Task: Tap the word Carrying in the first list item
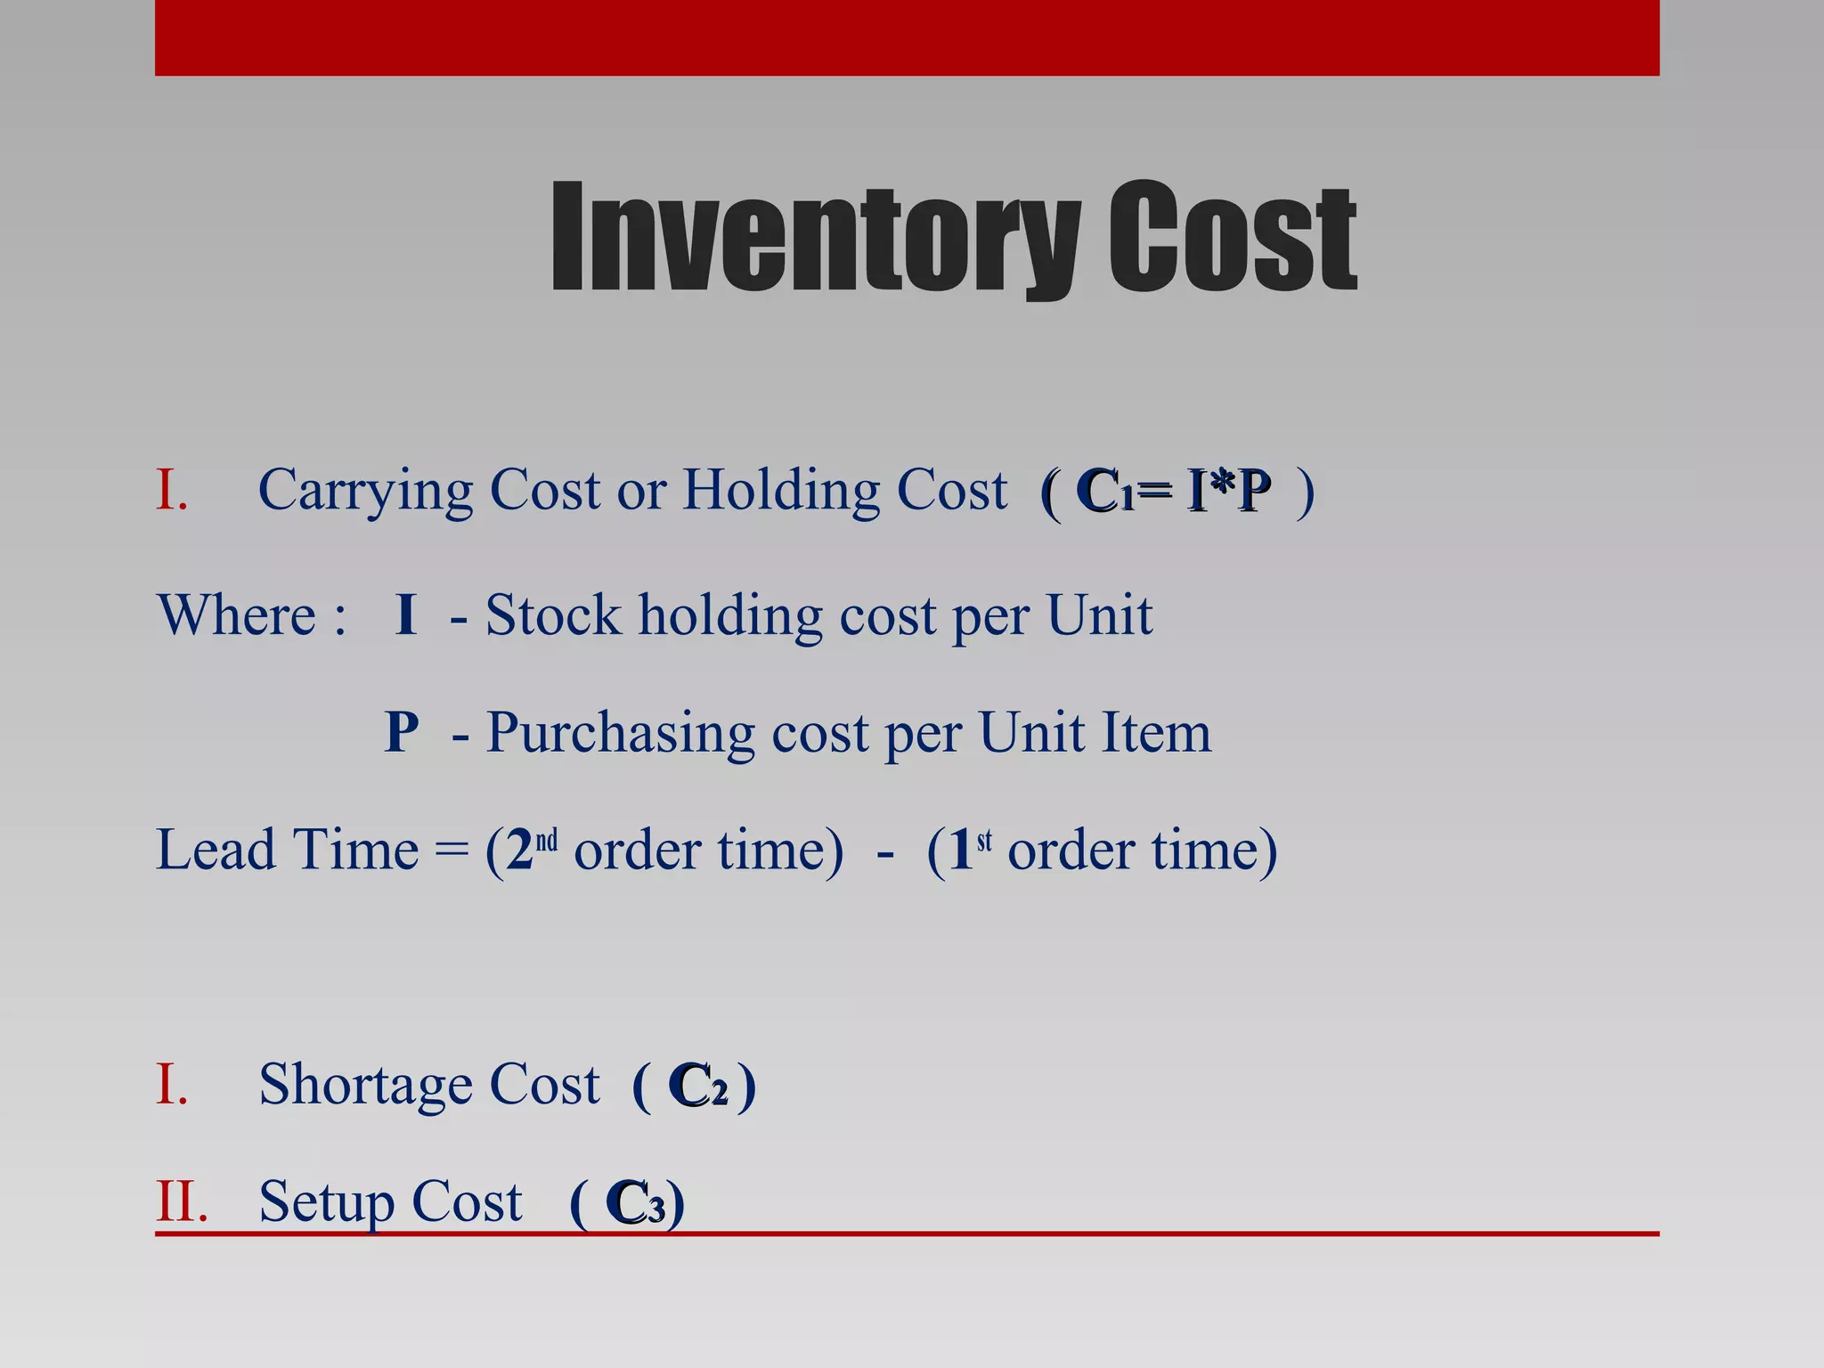365,492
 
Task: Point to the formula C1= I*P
1173,492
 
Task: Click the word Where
237,615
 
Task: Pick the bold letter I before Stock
406,615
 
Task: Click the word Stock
552,615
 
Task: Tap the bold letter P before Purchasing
402,733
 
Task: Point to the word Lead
215,850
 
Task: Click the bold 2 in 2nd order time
519,851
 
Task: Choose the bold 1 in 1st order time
960,851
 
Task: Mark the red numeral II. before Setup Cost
182,1202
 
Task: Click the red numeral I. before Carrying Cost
172,492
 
